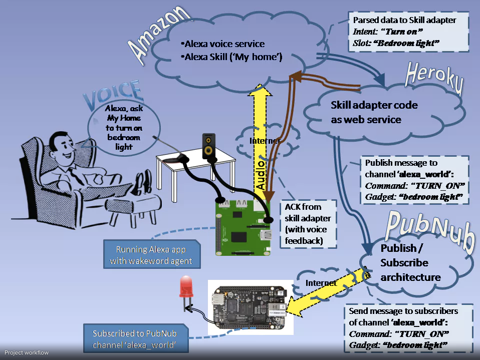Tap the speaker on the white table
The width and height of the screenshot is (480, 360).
210,146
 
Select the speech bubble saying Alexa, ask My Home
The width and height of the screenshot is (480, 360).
123,127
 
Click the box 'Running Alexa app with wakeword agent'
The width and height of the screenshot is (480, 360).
152,255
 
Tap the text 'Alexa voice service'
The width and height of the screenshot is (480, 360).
224,44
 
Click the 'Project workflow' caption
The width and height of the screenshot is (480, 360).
27,353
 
